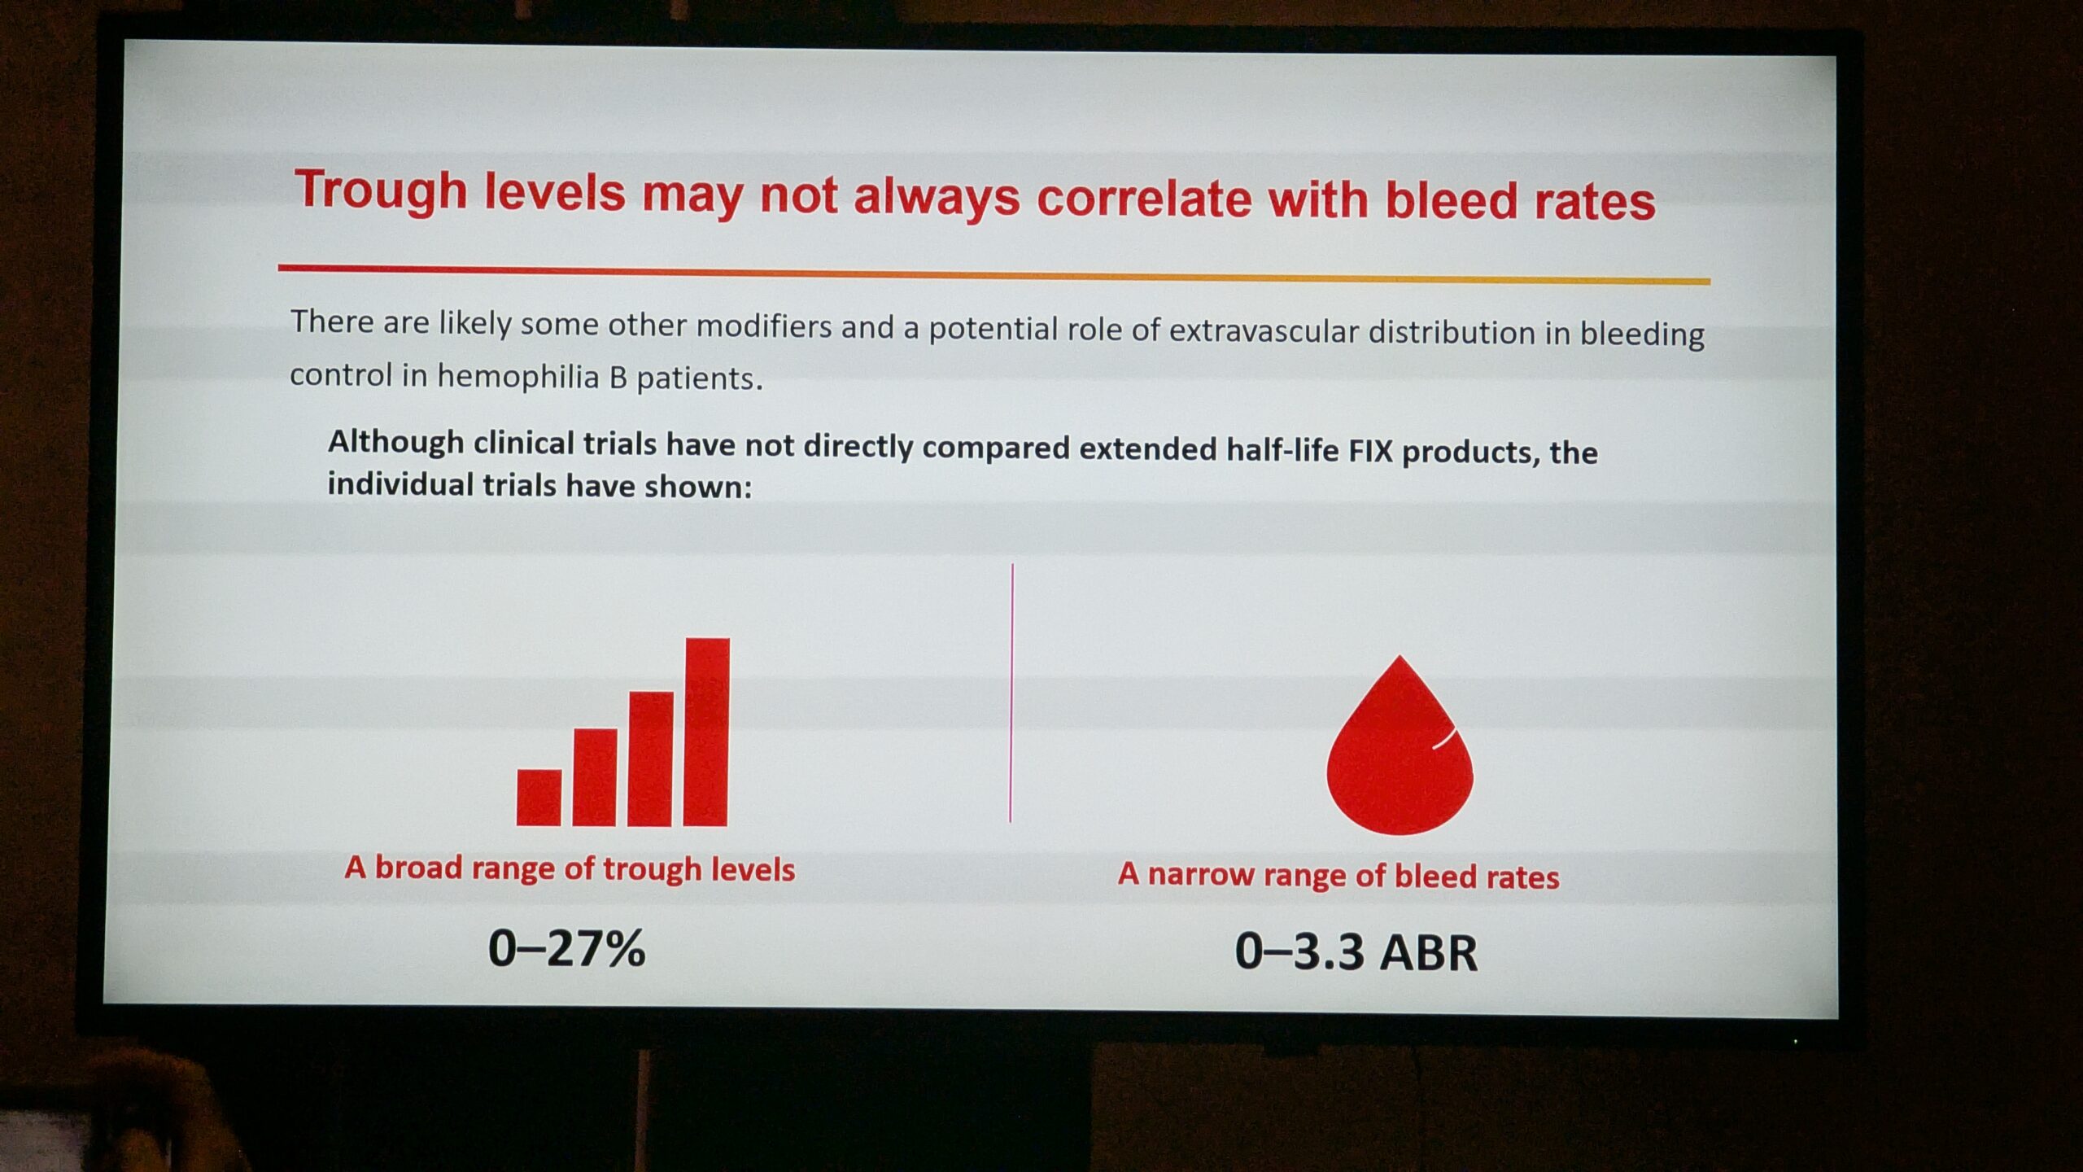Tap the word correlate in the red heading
[x=1144, y=199]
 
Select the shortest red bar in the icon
[x=539, y=798]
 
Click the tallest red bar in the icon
[x=706, y=732]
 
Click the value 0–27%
[x=566, y=948]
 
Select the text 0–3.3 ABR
[x=1356, y=951]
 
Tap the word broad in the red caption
[x=419, y=868]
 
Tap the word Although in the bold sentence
[x=396, y=443]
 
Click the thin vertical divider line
[x=1011, y=693]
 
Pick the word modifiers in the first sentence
[x=764, y=326]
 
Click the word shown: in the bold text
[x=698, y=487]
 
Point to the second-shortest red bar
[x=595, y=777]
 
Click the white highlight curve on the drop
[x=1444, y=737]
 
